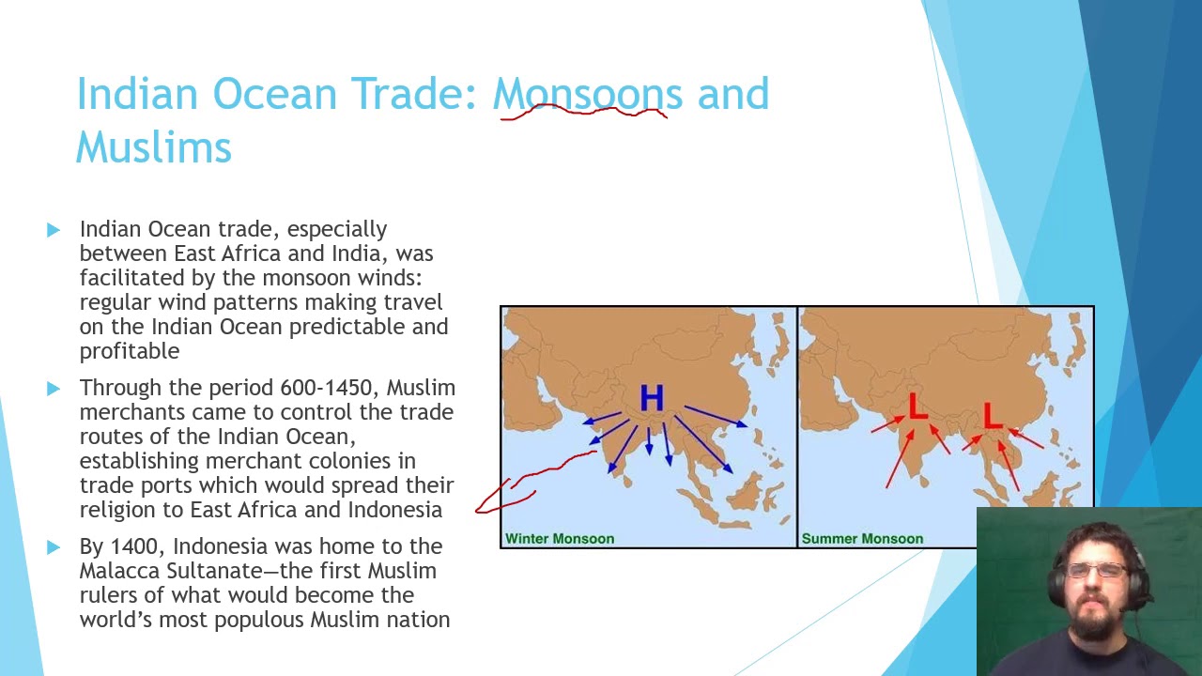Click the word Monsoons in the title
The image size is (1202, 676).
(588, 94)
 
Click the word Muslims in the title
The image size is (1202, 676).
(153, 147)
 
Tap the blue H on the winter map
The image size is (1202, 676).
(652, 399)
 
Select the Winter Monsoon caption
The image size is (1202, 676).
(560, 538)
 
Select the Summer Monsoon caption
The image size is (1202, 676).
(862, 538)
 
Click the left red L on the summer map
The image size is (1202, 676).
(917, 408)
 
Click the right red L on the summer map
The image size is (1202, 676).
(992, 416)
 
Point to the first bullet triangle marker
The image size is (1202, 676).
(53, 229)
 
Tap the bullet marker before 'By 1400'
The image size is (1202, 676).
(53, 546)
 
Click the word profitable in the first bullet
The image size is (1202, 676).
(129, 351)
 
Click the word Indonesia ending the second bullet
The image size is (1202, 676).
(394, 510)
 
